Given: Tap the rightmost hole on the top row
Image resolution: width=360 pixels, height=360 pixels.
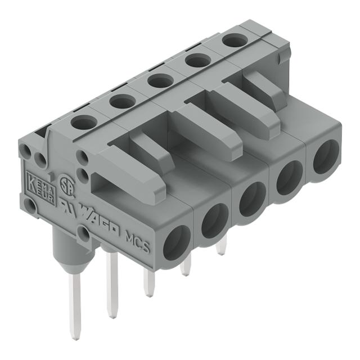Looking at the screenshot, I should [x=232, y=40].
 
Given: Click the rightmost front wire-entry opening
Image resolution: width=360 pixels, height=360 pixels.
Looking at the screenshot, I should [x=325, y=159].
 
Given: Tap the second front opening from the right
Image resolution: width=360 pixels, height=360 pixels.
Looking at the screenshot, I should [x=288, y=179].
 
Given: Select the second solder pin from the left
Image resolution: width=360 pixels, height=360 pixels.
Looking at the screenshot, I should [x=112, y=281].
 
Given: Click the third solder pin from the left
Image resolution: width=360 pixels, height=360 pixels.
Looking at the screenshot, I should [x=148, y=281].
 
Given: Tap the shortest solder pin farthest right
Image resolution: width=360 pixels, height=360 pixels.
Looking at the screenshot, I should [x=221, y=246].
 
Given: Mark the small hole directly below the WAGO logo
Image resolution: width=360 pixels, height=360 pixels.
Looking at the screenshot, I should [x=84, y=232].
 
